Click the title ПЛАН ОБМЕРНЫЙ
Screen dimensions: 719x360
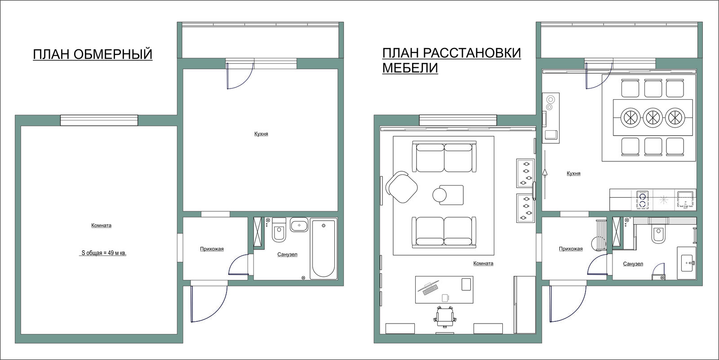click(93, 54)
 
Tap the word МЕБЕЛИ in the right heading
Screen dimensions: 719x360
click(410, 68)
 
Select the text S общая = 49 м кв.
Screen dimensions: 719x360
click(103, 253)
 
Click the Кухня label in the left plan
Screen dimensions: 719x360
click(261, 134)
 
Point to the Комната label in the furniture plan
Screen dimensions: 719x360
click(483, 263)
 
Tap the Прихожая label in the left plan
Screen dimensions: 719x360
click(212, 249)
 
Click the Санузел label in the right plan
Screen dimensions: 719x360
click(633, 264)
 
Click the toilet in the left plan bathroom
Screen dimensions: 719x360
click(279, 230)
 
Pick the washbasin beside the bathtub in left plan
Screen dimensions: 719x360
click(299, 225)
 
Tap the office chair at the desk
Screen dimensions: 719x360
click(444, 317)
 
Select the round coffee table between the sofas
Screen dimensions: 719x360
click(439, 195)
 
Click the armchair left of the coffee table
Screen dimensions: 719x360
click(402, 187)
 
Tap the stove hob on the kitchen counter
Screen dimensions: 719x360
click(643, 200)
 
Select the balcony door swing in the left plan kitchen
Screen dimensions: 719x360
click(239, 76)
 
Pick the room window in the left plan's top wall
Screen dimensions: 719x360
click(99, 120)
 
